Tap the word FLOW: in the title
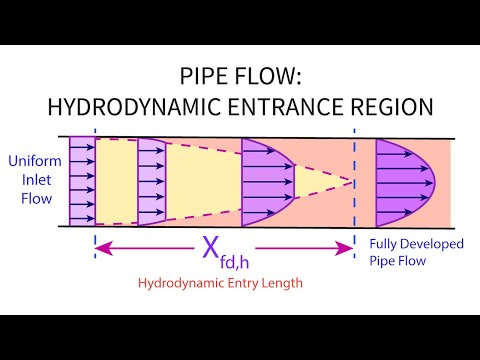(x=268, y=74)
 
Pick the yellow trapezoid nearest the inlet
(x=114, y=182)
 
